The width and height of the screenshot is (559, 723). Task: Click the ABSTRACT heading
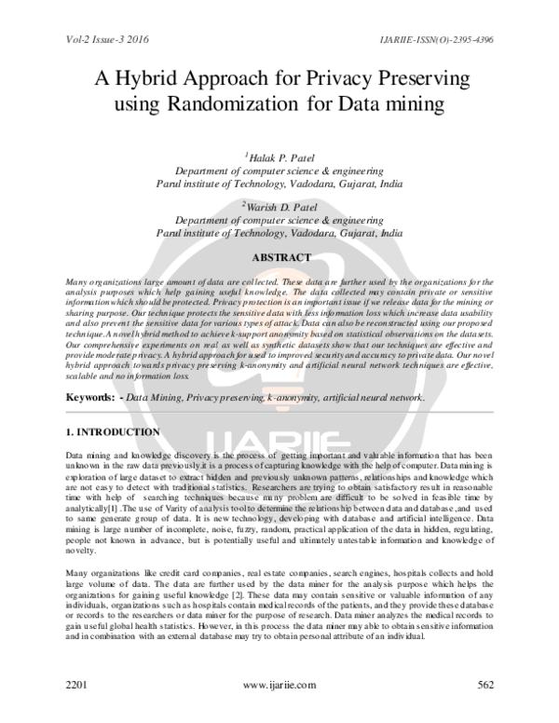coord(280,257)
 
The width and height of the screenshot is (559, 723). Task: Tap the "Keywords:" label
coord(89,397)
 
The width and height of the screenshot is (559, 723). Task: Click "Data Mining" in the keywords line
coord(154,397)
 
